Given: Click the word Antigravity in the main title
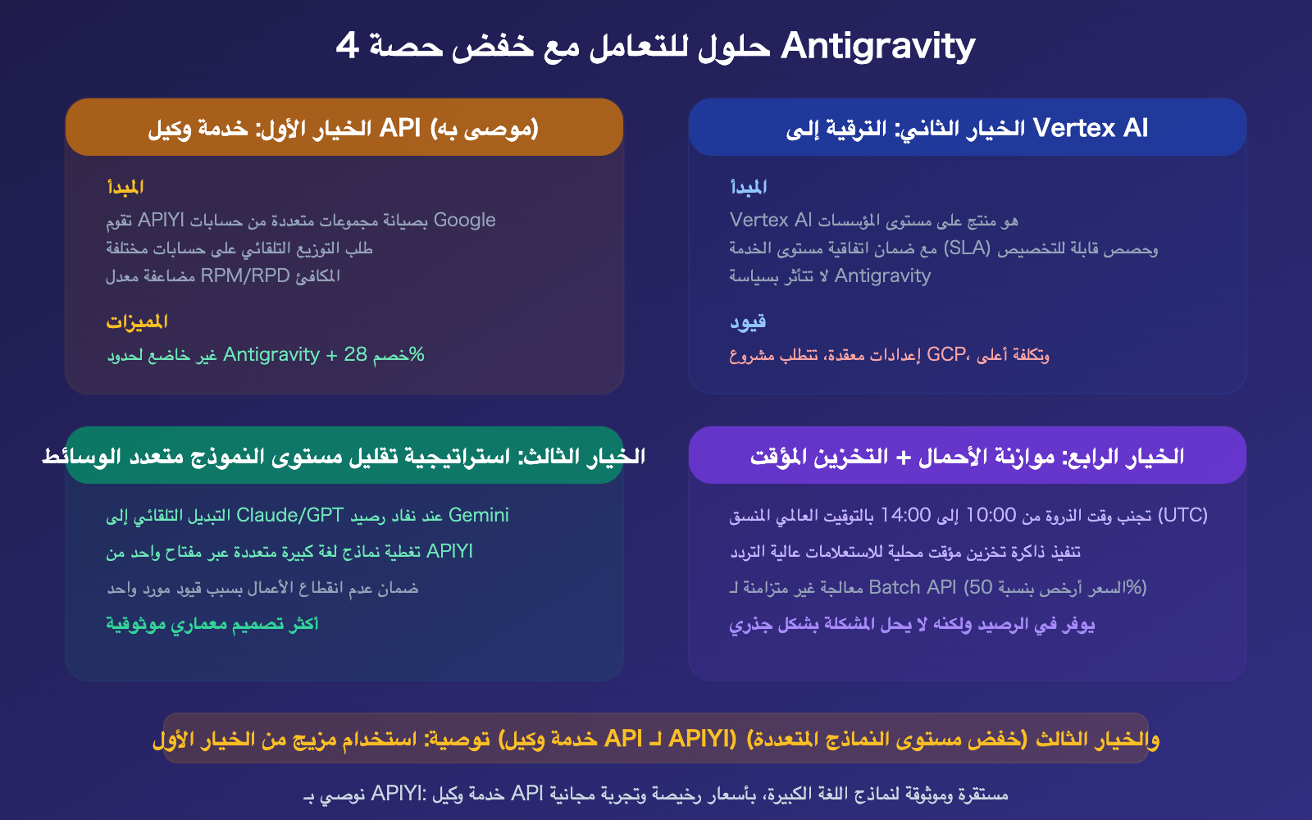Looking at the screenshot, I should [877, 46].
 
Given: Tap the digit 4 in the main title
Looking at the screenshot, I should [347, 46].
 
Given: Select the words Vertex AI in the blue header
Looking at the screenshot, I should [1091, 128].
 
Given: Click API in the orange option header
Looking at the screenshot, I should [400, 128].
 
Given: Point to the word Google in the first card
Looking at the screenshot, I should [464, 220].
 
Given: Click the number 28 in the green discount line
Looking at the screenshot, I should [355, 354].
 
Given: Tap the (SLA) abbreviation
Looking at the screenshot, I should [968, 248].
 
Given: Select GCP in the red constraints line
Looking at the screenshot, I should [946, 354].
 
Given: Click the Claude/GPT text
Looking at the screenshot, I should [289, 515].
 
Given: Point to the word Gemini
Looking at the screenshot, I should [479, 515].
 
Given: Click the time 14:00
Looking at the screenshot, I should [905, 515].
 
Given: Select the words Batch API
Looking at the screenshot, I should [913, 587].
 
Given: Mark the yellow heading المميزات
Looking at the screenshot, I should [137, 321].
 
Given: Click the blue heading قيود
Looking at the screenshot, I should [748, 321].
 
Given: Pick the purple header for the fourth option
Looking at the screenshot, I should [968, 456].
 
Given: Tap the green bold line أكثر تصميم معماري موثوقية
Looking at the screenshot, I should [212, 624].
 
